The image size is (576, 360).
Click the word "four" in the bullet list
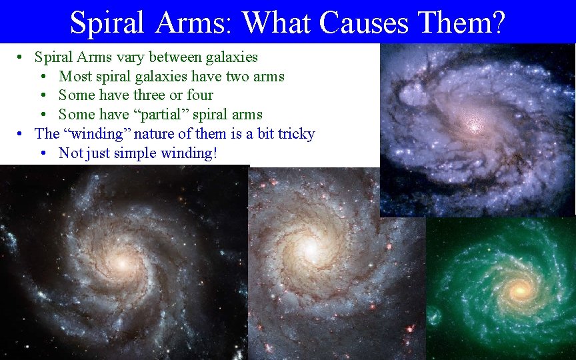click(199, 95)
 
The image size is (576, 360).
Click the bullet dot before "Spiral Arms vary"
click(22, 58)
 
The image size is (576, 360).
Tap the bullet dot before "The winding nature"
click(22, 134)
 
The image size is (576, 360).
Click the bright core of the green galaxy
click(521, 289)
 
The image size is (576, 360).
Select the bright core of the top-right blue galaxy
click(473, 125)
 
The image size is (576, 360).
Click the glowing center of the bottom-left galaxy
click(121, 263)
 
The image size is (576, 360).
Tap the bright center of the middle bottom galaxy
click(309, 249)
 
